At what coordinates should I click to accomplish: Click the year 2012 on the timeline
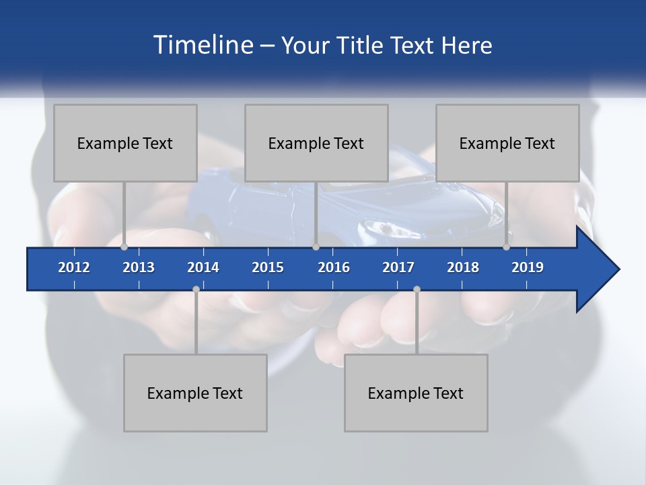click(x=74, y=267)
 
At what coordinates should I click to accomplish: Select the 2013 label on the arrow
click(x=139, y=267)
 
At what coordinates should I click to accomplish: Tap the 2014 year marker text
click(x=203, y=267)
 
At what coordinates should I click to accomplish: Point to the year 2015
click(x=268, y=267)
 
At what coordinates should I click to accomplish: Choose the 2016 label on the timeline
click(x=334, y=267)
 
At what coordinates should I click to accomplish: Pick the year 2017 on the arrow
click(x=398, y=267)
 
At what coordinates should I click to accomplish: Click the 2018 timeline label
click(x=463, y=267)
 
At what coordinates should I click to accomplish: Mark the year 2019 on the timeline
click(x=528, y=267)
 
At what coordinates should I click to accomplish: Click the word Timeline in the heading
click(x=203, y=45)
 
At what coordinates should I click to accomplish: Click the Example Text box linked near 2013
click(x=125, y=143)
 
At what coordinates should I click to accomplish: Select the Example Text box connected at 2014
click(x=195, y=393)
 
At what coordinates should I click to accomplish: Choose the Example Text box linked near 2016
click(x=316, y=143)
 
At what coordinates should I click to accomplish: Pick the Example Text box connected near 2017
click(x=416, y=393)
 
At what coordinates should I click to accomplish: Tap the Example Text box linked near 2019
click(x=507, y=143)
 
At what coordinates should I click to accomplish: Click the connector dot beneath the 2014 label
click(x=196, y=289)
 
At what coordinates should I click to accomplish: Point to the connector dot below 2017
click(x=417, y=289)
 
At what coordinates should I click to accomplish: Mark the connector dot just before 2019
click(x=506, y=247)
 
